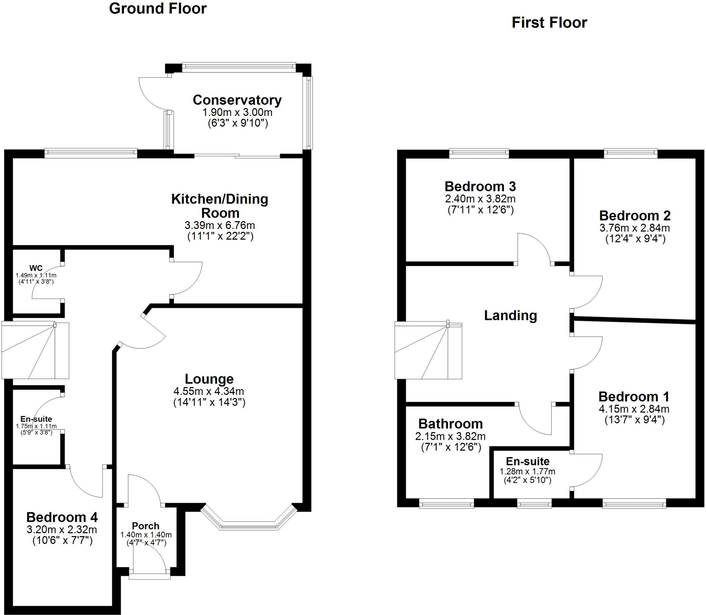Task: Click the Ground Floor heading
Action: click(158, 9)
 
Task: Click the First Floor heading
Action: click(549, 23)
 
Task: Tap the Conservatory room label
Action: click(237, 100)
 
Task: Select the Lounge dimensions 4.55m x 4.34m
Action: click(209, 391)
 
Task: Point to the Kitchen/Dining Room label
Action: click(220, 206)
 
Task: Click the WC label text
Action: click(36, 268)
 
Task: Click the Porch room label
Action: click(145, 526)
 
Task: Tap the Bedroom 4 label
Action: click(62, 517)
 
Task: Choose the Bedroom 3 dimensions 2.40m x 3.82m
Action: click(480, 199)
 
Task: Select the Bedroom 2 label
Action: click(635, 216)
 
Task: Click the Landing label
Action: click(511, 315)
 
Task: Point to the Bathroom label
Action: click(451, 424)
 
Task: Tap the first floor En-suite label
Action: click(527, 461)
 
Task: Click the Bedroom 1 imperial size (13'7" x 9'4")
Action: click(634, 420)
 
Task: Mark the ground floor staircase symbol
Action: click(36, 350)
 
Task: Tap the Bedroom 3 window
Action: click(479, 153)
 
